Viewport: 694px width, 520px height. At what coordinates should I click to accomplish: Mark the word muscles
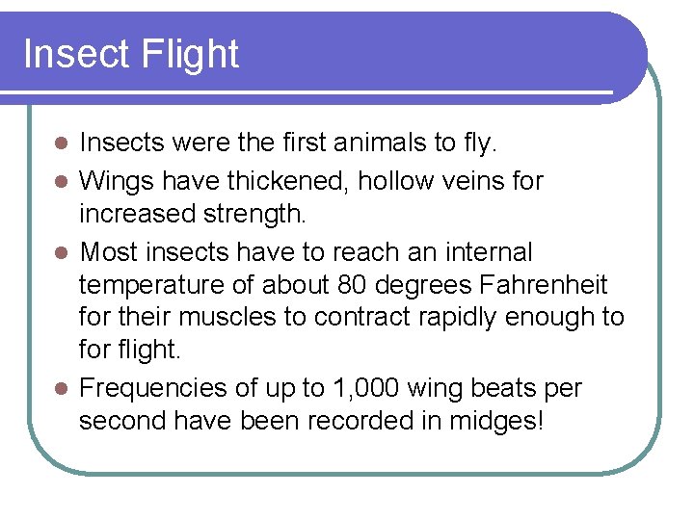tap(223, 318)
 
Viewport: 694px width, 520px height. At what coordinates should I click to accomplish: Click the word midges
tap(495, 421)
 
